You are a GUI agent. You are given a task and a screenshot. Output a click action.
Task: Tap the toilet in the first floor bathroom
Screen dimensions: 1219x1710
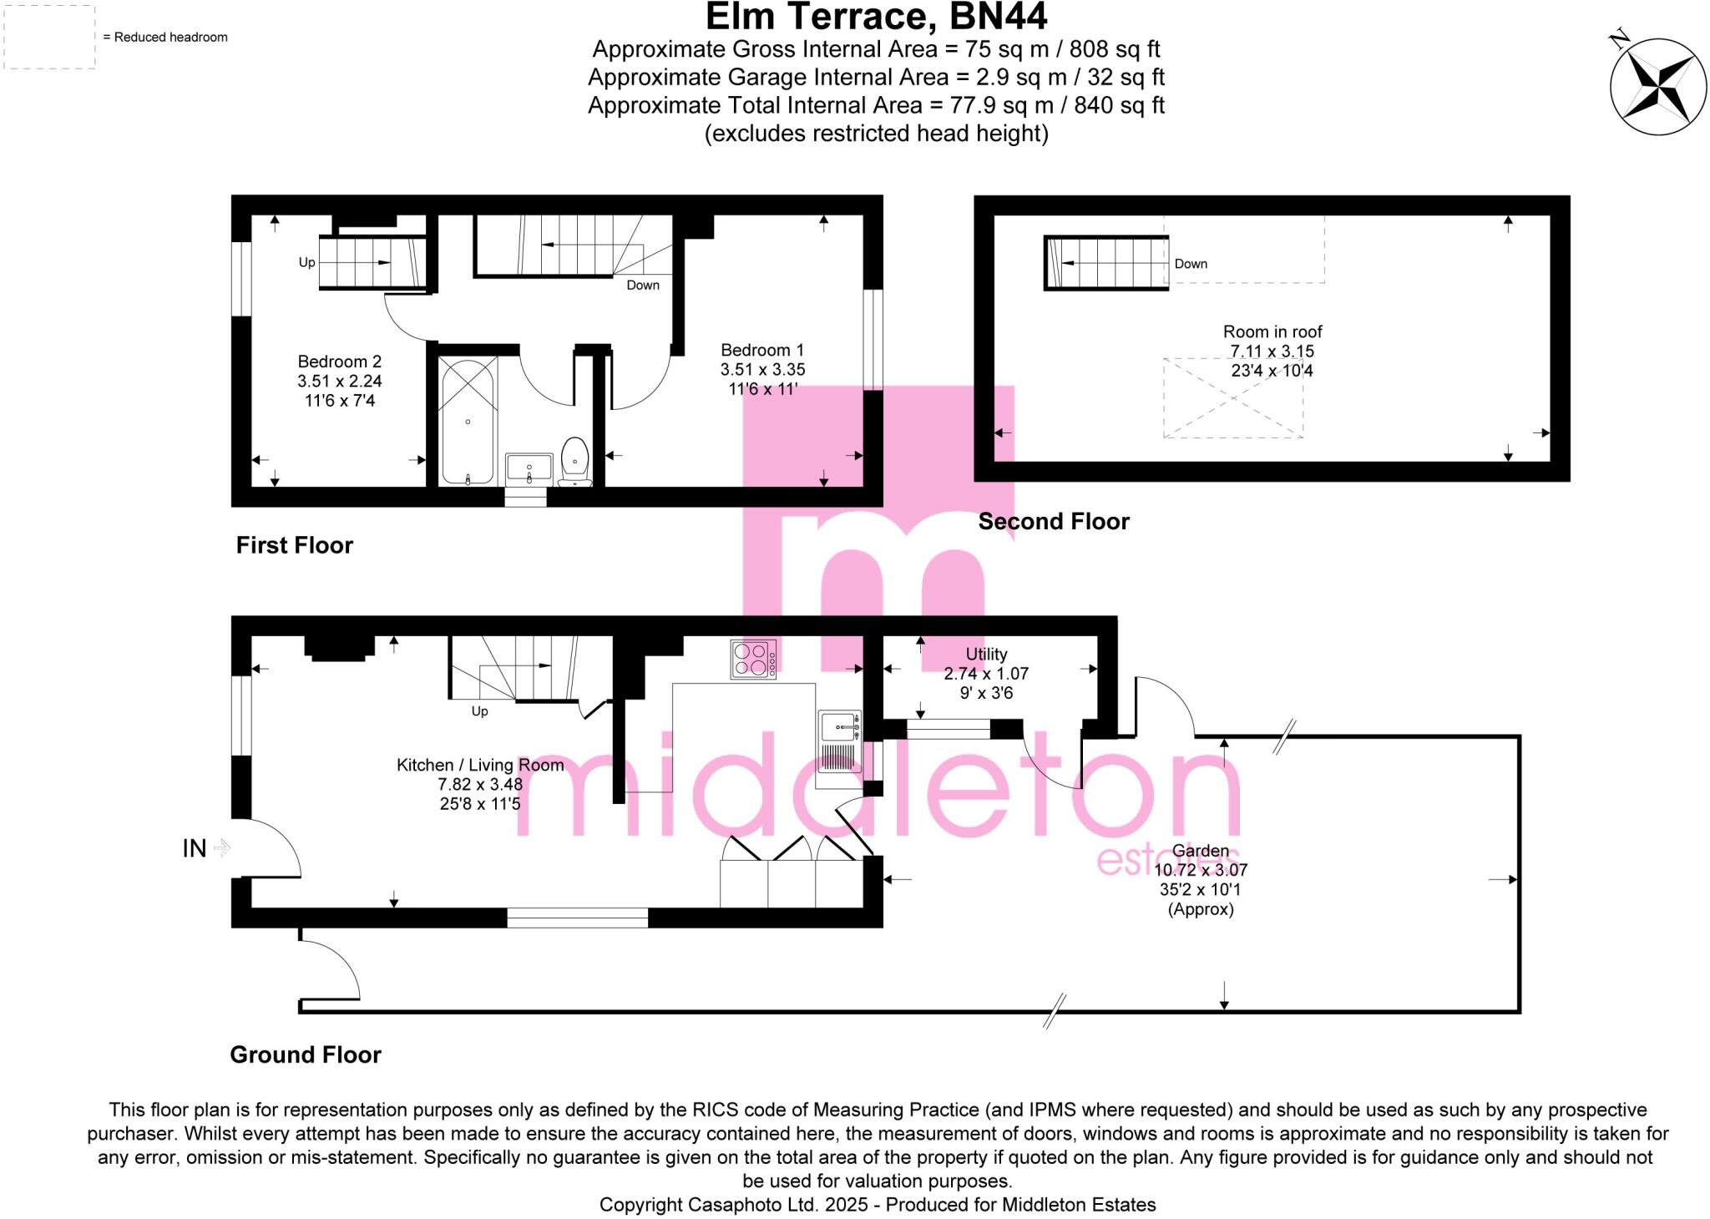[x=575, y=460]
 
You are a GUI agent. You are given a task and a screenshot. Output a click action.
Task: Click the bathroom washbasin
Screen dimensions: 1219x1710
[x=529, y=468]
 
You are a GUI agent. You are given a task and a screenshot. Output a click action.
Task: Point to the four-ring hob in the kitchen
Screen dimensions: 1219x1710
[x=753, y=659]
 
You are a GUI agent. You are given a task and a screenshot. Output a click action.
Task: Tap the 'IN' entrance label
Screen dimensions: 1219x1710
[x=195, y=848]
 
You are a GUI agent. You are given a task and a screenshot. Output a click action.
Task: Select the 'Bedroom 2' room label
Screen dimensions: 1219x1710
[x=340, y=362]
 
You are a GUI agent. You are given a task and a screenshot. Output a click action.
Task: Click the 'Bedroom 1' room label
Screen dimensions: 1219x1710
[x=762, y=350]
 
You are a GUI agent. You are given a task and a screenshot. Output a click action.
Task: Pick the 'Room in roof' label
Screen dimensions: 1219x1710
[x=1272, y=331]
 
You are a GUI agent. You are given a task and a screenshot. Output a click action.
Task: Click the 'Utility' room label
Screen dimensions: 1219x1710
[x=986, y=655]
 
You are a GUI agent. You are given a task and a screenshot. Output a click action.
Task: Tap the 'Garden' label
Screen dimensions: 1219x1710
[x=1201, y=851]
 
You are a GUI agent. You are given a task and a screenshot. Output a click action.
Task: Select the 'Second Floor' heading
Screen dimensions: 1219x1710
[x=1054, y=522]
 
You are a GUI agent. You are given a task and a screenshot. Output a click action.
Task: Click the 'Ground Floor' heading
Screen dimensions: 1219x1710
[x=306, y=1055]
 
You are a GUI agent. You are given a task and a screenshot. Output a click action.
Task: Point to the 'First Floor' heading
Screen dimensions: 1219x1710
[x=295, y=545]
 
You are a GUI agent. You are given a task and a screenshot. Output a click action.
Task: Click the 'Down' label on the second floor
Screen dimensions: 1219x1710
[x=1191, y=264]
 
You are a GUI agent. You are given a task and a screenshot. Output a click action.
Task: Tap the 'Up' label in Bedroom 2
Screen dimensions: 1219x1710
[x=307, y=262]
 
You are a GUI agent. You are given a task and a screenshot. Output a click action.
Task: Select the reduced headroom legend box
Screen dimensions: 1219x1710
[x=50, y=38]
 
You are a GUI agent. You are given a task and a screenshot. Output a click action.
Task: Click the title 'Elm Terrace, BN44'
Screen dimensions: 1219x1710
[x=876, y=17]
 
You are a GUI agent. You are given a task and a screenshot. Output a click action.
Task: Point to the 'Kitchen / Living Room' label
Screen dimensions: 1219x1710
[x=480, y=765]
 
